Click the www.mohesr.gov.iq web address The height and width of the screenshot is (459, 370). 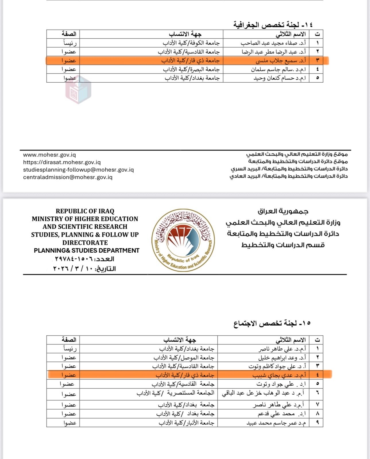point(49,155)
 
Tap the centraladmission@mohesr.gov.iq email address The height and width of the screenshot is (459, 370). point(68,177)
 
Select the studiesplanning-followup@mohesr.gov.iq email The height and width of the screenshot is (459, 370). point(78,170)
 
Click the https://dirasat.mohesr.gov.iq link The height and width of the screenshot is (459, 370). point(62,162)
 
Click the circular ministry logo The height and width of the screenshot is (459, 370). point(183,240)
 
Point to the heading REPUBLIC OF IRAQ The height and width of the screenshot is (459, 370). point(85,211)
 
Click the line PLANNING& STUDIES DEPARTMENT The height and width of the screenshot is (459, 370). point(86,250)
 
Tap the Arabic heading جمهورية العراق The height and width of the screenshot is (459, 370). point(283,212)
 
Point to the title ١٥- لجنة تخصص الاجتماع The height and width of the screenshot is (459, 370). point(272,324)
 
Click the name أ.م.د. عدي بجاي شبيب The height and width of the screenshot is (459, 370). point(279,375)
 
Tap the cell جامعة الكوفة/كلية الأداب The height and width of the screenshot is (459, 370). point(191,43)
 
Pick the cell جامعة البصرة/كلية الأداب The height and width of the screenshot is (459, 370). point(191,69)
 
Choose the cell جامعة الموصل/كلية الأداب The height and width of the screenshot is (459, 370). point(184,358)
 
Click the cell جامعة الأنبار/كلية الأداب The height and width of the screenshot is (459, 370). point(186,423)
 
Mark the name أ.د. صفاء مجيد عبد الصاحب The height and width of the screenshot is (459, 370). point(273,43)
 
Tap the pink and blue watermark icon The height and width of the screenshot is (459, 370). point(78,90)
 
